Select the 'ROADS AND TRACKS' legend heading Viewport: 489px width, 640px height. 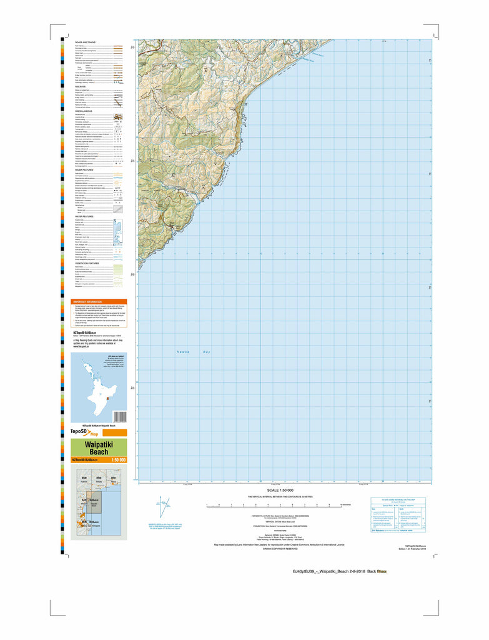pos(86,42)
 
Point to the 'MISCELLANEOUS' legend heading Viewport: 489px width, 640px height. pos(84,111)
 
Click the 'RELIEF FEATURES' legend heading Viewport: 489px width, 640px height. pos(85,169)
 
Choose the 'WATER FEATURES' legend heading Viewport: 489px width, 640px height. pos(85,216)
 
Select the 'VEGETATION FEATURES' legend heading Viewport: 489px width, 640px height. pos(88,263)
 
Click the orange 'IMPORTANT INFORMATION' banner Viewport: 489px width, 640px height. pos(99,301)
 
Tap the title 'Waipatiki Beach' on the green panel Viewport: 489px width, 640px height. pos(99,448)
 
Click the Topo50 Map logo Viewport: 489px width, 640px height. pos(84,432)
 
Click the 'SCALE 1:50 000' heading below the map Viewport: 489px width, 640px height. pos(280,489)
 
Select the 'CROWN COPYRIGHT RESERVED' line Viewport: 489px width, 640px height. pos(279,548)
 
